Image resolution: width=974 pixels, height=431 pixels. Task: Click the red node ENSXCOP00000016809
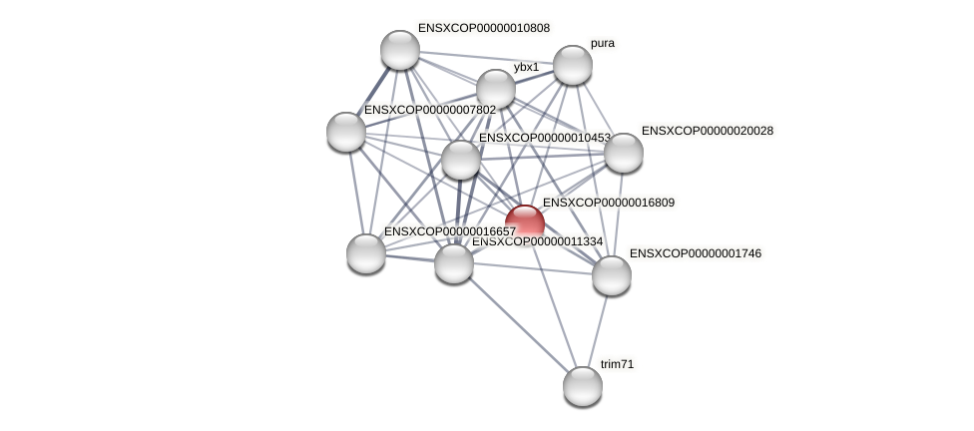(524, 223)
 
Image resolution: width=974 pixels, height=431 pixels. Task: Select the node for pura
(572, 65)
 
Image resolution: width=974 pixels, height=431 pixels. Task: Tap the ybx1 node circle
(496, 89)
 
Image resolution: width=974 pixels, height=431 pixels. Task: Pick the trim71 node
(583, 385)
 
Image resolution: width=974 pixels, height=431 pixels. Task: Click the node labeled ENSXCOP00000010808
(400, 50)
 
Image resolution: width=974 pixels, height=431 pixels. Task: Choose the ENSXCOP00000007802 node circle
(346, 132)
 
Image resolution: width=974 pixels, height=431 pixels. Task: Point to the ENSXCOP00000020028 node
(623, 153)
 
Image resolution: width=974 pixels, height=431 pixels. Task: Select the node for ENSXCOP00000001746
(612, 275)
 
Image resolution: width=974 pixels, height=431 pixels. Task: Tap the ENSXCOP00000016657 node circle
(366, 252)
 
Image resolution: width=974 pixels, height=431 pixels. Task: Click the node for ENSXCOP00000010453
(461, 160)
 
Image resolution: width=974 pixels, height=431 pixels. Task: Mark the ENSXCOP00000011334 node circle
(454, 263)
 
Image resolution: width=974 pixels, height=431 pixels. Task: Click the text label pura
(603, 44)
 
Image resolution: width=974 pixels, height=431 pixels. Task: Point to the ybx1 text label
(526, 68)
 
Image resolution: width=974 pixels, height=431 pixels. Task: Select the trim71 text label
(617, 364)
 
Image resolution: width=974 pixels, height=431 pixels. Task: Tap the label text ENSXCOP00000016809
(608, 203)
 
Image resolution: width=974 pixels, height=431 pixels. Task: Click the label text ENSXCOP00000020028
(707, 131)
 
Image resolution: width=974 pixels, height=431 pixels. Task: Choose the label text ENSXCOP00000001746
(695, 253)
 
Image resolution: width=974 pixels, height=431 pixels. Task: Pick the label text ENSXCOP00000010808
(483, 28)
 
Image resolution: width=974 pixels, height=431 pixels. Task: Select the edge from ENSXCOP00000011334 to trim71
(518, 324)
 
